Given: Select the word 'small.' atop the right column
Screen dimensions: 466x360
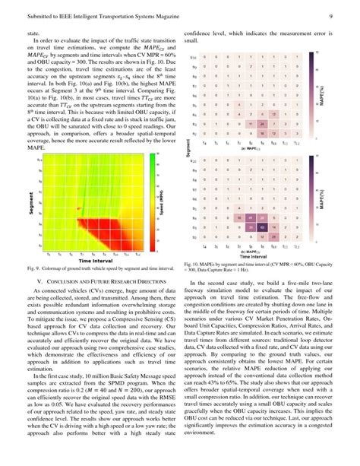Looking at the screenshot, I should [191, 41].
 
